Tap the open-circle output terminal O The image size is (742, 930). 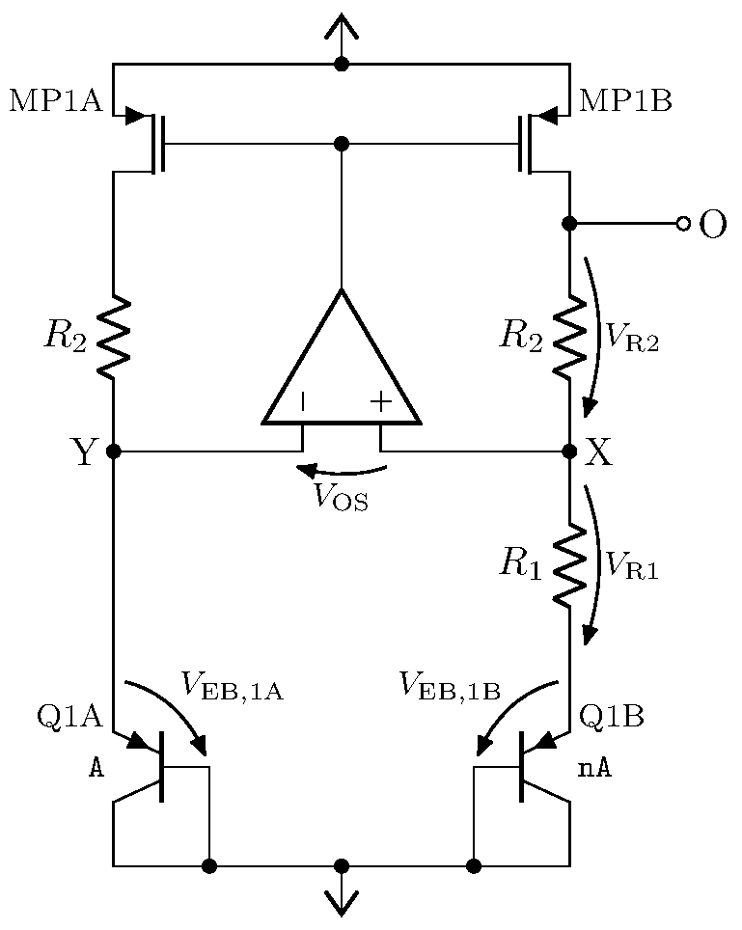click(x=683, y=224)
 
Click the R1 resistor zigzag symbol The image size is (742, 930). click(x=569, y=565)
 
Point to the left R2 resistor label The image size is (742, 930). click(x=65, y=335)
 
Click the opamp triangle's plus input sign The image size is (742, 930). click(x=381, y=402)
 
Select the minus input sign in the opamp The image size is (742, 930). click(x=303, y=402)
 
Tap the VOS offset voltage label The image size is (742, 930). click(x=340, y=499)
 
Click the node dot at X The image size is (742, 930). click(x=569, y=451)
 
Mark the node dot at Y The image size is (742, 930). click(x=114, y=451)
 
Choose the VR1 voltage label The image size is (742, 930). click(x=632, y=566)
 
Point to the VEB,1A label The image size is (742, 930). click(x=232, y=686)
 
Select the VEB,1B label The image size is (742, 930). click(x=450, y=686)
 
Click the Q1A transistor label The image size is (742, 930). click(x=69, y=716)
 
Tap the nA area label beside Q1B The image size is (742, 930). click(x=595, y=768)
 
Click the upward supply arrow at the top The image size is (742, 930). click(x=341, y=29)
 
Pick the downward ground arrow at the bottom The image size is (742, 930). click(x=341, y=899)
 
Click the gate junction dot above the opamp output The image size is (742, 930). click(x=341, y=144)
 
